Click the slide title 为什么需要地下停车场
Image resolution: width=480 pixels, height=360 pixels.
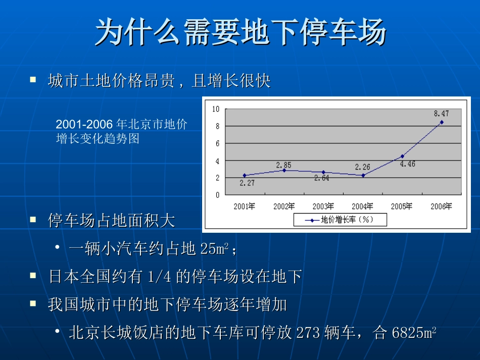241,33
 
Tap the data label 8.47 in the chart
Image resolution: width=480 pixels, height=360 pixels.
441,114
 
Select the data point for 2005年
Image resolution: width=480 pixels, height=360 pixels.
402,156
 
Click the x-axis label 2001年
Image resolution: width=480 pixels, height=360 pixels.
244,206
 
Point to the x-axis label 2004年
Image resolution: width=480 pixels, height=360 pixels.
362,206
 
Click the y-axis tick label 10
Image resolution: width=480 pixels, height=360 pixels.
216,109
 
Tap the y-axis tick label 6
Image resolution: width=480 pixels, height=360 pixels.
217,143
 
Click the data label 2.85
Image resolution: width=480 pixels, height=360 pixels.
283,165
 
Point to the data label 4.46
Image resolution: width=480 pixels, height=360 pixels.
407,164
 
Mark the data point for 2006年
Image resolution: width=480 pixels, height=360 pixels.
442,122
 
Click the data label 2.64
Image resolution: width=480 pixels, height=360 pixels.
321,178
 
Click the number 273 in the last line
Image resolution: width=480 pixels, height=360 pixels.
308,333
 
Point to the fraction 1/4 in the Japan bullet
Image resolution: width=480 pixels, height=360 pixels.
159,277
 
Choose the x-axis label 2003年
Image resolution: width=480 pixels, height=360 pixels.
323,206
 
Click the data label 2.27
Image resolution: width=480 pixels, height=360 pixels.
247,183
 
